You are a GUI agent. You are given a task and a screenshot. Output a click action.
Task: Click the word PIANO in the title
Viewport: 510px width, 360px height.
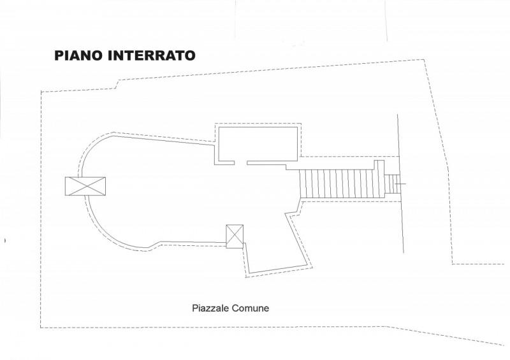pos(79,55)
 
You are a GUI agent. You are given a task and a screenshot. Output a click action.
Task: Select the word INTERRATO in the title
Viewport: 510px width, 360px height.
pos(152,55)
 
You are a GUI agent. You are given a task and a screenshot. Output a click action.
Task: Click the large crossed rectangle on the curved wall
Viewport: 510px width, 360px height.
pos(85,186)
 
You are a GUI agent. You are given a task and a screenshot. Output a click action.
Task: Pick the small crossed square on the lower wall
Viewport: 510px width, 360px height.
pos(235,236)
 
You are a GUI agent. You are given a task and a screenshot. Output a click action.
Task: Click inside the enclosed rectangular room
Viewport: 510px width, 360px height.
pos(258,144)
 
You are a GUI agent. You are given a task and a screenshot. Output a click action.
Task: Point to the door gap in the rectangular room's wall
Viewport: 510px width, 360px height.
pos(241,162)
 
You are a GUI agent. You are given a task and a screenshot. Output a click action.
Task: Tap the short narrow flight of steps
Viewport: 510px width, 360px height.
pos(391,184)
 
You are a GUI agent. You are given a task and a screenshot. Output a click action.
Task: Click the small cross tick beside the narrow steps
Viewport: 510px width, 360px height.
pos(401,184)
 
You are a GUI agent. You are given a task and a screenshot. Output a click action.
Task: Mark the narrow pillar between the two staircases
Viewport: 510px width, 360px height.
pos(379,179)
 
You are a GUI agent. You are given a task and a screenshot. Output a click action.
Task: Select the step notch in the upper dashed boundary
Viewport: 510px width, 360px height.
pos(117,84)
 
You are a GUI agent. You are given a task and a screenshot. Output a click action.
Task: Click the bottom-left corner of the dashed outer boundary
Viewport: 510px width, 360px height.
pos(41,328)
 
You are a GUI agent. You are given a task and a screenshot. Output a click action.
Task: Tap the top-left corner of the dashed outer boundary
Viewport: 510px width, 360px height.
pos(41,92)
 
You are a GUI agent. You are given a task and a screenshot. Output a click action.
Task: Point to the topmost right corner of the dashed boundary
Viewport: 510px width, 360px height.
pos(424,59)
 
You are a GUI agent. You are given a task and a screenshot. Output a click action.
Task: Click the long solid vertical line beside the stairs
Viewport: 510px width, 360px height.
pos(401,184)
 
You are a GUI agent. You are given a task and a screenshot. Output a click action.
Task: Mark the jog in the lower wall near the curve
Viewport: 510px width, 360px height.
pos(155,244)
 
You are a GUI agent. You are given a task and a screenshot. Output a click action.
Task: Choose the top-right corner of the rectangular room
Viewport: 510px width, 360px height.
pos(297,127)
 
